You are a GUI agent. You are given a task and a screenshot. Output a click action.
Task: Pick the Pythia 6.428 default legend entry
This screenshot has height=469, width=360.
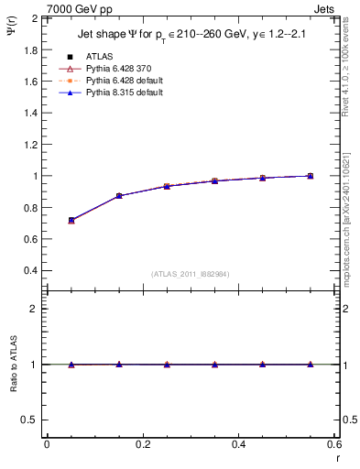(115, 80)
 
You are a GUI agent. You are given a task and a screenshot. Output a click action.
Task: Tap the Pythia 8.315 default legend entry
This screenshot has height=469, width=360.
(115, 92)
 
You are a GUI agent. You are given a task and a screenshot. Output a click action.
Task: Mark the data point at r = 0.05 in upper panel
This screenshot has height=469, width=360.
(71, 221)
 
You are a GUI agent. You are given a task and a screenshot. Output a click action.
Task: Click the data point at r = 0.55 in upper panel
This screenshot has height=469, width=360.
(311, 176)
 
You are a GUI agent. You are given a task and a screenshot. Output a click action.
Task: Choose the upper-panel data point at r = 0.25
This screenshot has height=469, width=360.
(167, 186)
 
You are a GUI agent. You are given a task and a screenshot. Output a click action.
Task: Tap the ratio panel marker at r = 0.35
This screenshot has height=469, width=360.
(214, 365)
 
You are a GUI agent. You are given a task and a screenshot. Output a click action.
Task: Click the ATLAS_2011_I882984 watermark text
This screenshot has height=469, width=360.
(190, 273)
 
